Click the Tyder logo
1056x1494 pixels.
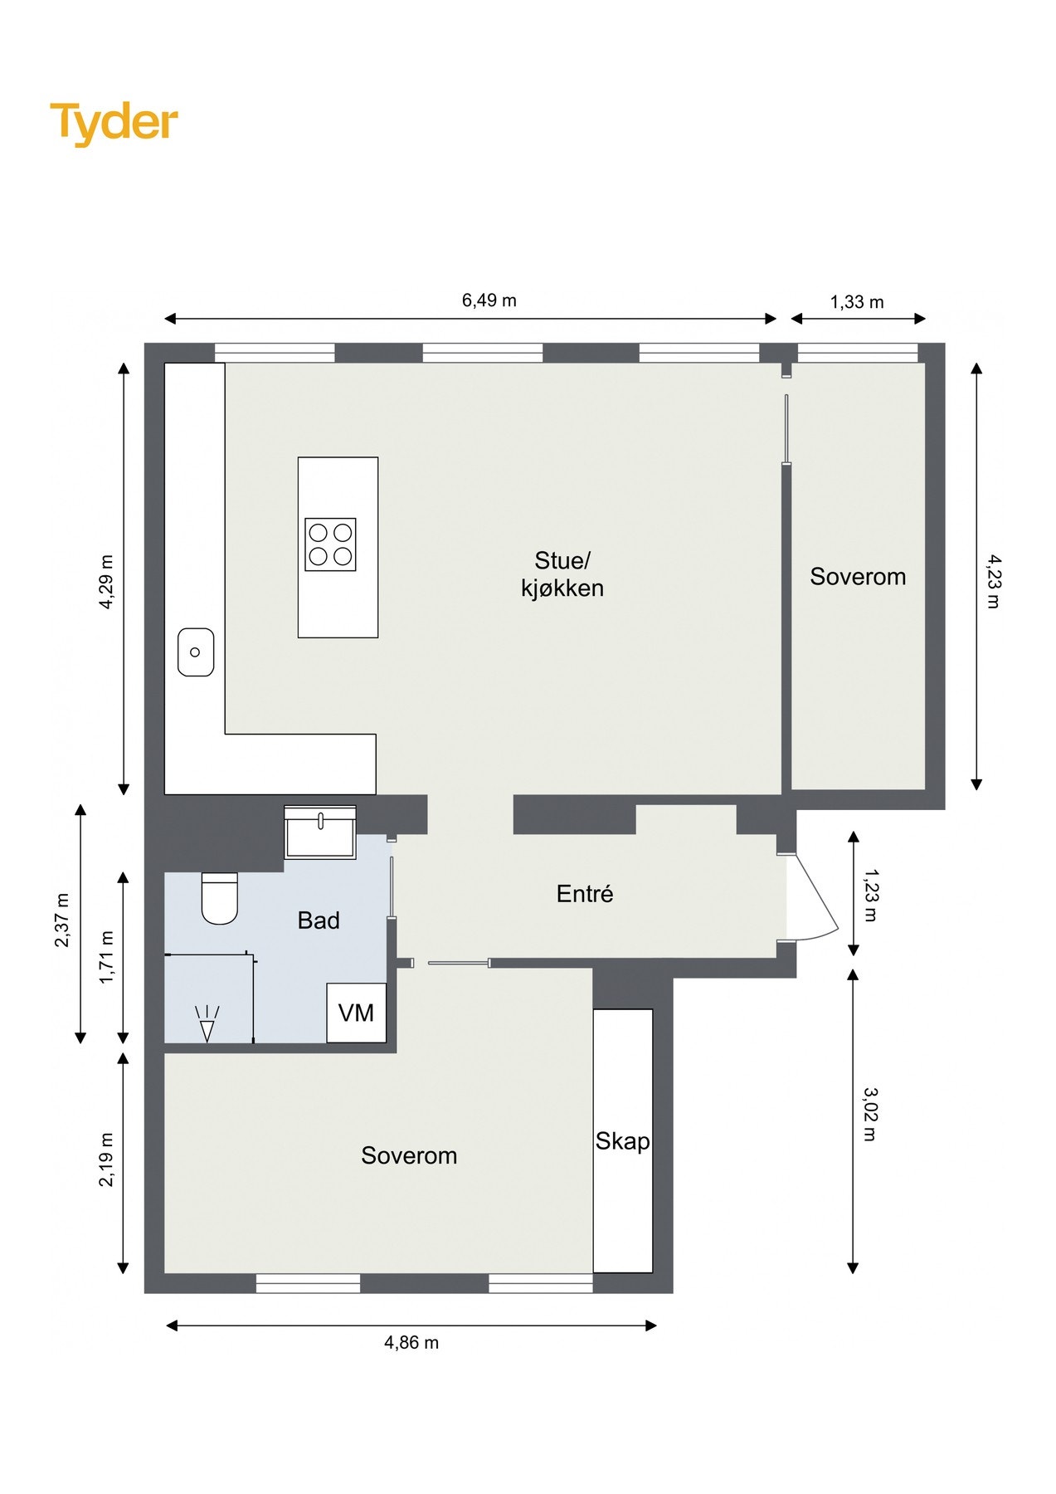114,124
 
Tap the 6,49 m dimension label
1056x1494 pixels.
489,300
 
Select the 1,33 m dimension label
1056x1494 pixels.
857,302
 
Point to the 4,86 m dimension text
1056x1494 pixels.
411,1343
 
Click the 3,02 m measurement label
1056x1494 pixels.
869,1114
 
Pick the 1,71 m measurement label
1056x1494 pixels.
107,958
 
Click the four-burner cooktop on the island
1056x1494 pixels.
330,544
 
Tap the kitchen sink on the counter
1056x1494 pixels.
196,652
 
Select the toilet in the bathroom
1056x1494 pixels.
220,898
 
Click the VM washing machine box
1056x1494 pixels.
357,1013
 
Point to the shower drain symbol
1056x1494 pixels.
207,1024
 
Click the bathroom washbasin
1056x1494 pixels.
320,832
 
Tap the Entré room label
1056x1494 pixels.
585,894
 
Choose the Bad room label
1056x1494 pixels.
319,920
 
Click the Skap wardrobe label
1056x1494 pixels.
623,1142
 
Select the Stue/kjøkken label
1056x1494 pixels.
562,574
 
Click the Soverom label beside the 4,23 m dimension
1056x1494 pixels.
858,577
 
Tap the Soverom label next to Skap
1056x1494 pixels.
409,1155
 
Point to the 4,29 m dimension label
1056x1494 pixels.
107,582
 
